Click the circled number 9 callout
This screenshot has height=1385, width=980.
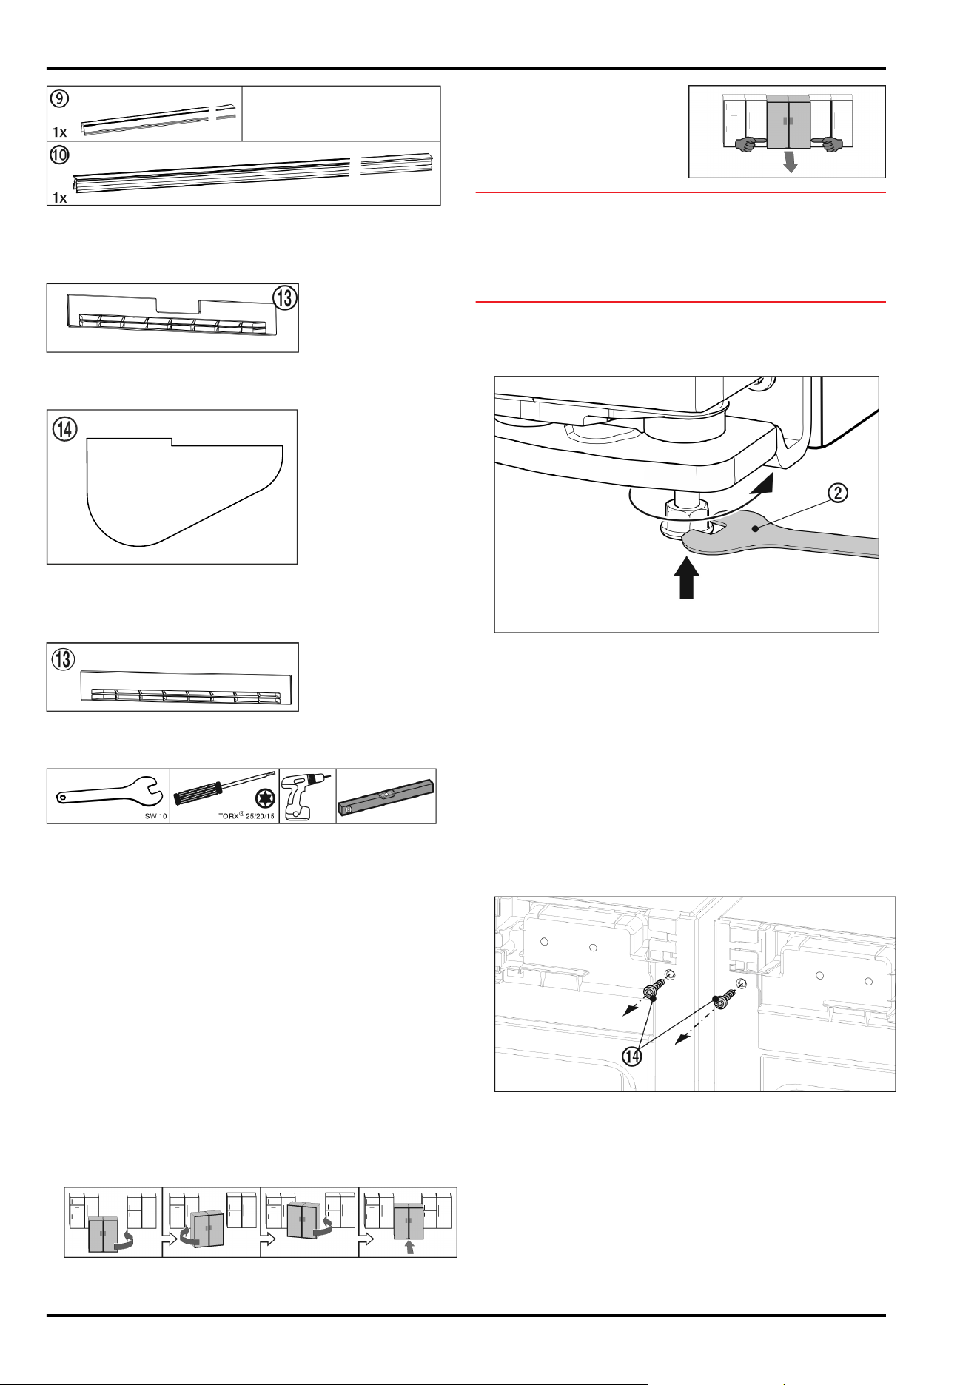click(x=59, y=98)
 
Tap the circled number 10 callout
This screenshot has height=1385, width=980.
click(x=59, y=155)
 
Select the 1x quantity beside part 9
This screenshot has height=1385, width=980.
click(x=60, y=132)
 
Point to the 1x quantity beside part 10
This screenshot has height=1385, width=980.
click(x=60, y=198)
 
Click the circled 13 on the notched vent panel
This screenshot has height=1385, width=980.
click(x=285, y=297)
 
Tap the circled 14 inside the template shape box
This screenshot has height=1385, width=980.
click(x=65, y=428)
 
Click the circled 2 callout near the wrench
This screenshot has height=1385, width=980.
click(x=838, y=493)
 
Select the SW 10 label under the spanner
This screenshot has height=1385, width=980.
click(x=155, y=816)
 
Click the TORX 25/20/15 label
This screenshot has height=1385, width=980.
click(x=246, y=816)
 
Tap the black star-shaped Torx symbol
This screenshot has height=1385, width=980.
click(x=264, y=799)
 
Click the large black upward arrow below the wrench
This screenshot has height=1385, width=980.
click(x=688, y=577)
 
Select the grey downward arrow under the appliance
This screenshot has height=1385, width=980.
click(x=791, y=161)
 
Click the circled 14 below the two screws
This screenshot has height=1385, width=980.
click(x=632, y=1056)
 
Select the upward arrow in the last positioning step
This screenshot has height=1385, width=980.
click(x=409, y=1247)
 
